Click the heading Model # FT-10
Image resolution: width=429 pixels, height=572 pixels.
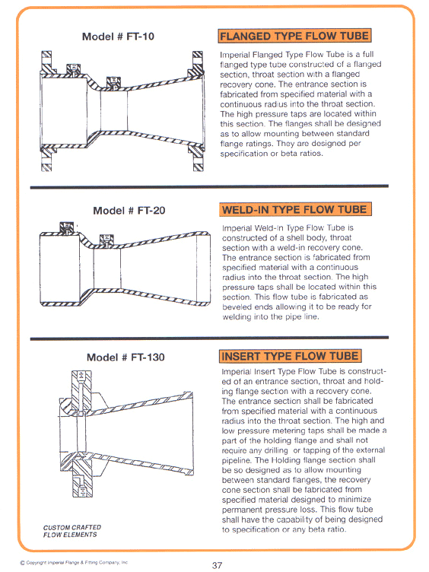[x=118, y=37]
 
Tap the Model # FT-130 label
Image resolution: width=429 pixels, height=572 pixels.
[x=125, y=357]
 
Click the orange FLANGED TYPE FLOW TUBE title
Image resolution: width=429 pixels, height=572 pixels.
[x=294, y=36]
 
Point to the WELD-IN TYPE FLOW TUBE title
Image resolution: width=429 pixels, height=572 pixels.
[x=294, y=209]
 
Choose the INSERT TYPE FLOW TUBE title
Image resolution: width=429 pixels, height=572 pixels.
[x=290, y=356]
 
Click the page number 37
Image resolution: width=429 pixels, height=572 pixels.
[x=218, y=564]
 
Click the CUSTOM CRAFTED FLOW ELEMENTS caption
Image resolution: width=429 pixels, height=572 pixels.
[x=71, y=531]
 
